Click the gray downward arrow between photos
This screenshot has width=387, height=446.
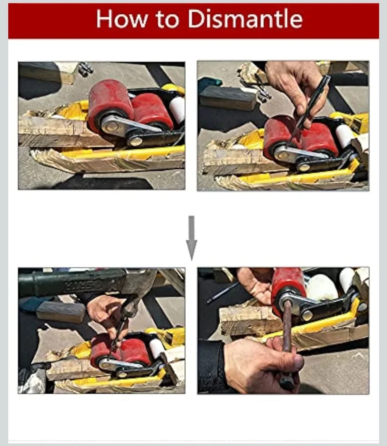(191, 238)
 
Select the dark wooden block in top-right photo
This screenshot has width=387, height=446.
(228, 98)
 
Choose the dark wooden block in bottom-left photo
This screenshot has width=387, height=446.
(61, 312)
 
